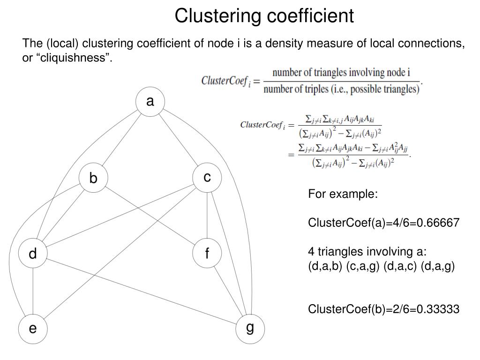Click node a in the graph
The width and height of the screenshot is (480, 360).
point(150,102)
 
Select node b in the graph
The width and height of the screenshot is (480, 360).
point(93,179)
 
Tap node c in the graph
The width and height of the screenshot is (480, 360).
point(207,178)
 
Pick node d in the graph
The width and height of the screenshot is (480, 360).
point(33,254)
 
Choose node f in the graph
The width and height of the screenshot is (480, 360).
point(207,254)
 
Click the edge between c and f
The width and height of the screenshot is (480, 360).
point(207,216)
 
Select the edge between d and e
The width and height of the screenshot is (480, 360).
point(33,292)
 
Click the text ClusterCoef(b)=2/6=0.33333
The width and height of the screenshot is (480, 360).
point(383,309)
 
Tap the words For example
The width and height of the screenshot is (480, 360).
point(343,194)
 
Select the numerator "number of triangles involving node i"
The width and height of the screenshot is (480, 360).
point(341,73)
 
